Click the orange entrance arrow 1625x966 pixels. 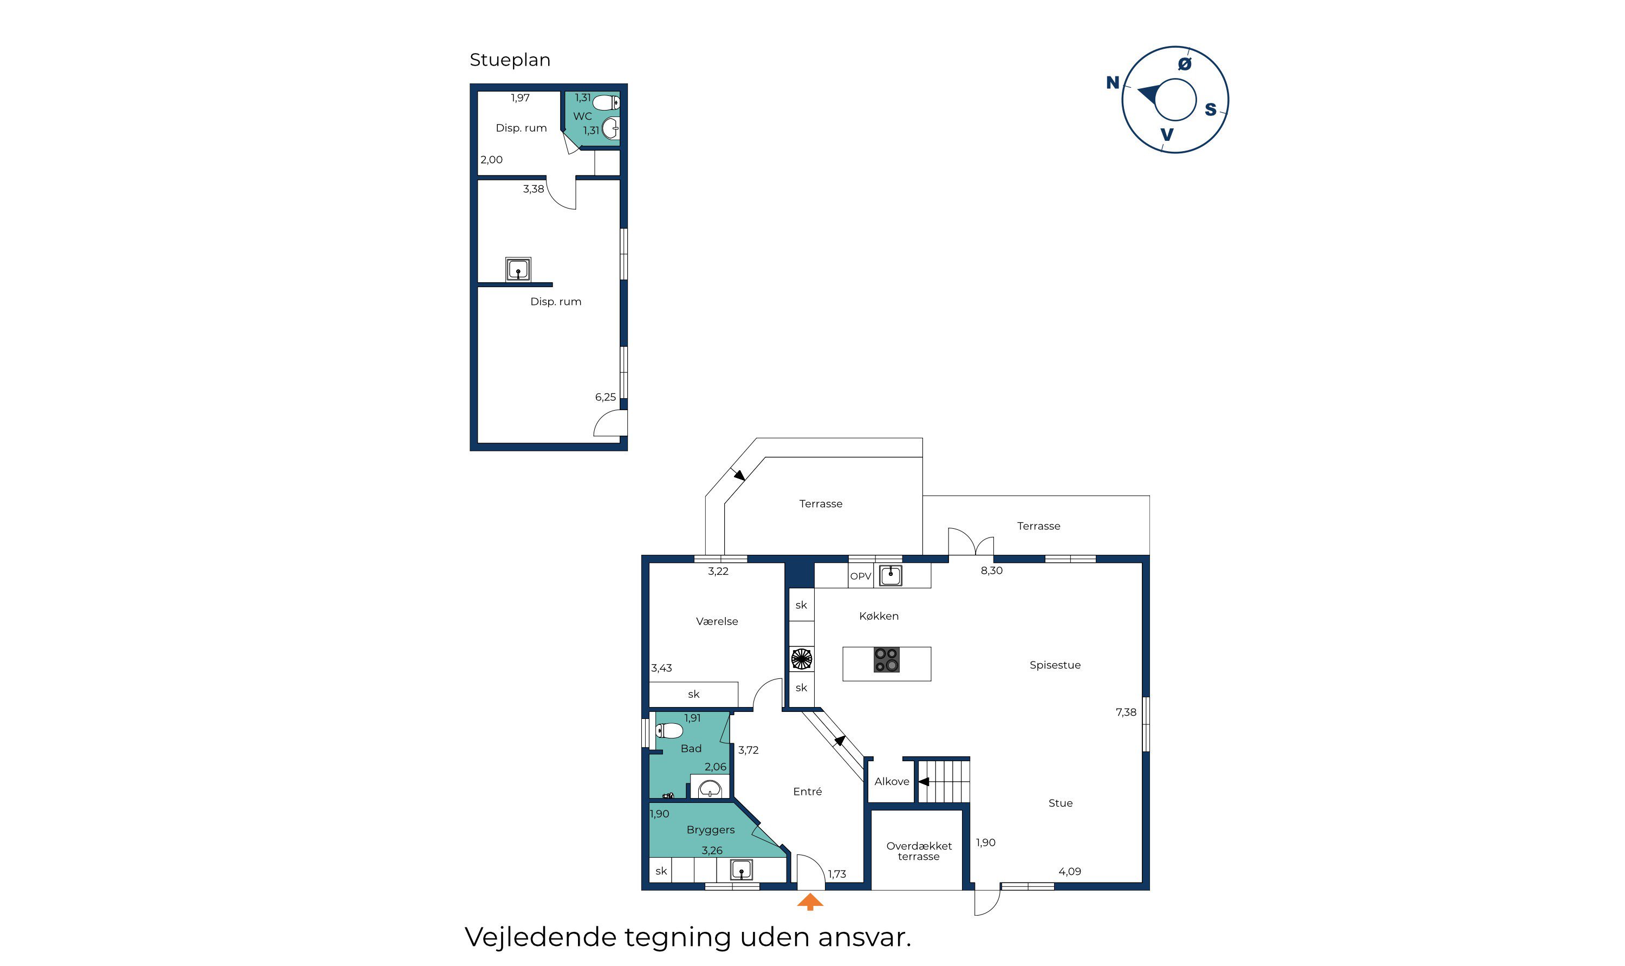(810, 902)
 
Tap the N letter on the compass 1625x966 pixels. (1112, 83)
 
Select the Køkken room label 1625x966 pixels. (879, 616)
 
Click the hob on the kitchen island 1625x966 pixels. (886, 659)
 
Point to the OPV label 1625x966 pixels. (860, 576)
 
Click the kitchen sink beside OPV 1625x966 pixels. (890, 575)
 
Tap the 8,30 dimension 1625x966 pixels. (991, 570)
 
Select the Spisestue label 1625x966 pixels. (1055, 665)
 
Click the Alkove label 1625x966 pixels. (892, 781)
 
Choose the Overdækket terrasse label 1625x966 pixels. (919, 851)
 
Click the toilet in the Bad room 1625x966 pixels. (669, 730)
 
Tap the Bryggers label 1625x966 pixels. (710, 830)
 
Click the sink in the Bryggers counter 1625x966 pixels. (740, 869)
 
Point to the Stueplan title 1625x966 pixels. (510, 60)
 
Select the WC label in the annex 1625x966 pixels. (582, 116)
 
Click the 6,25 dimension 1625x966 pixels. (605, 397)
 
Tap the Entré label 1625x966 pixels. (807, 791)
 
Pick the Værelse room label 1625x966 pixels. (717, 621)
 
